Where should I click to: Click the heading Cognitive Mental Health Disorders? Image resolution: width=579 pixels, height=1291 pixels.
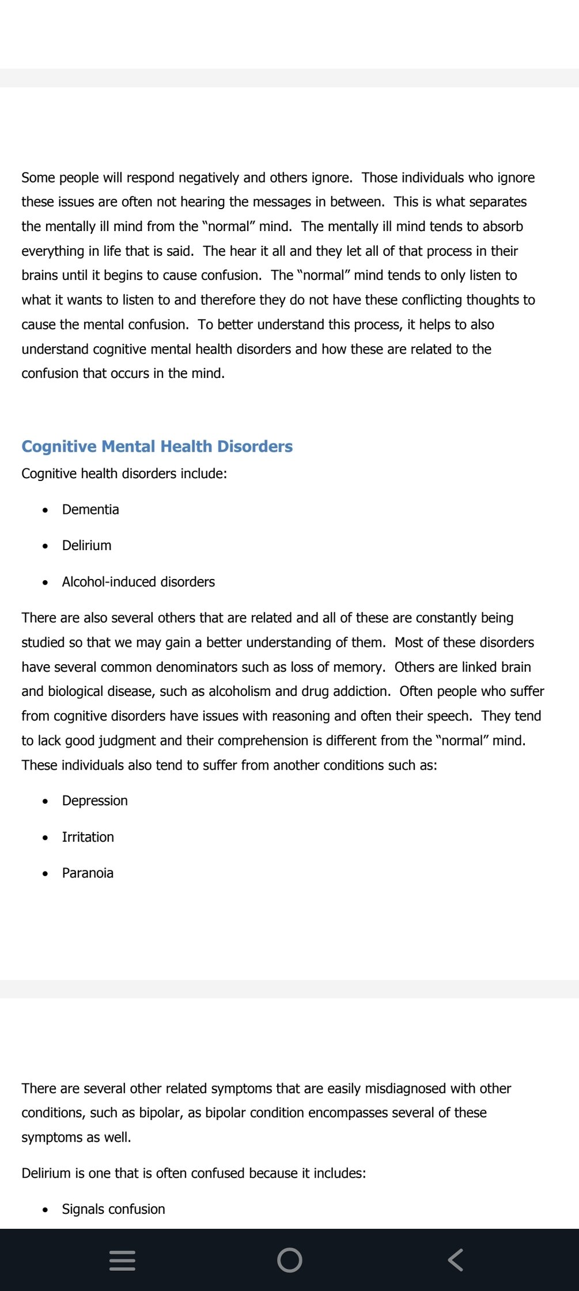click(157, 446)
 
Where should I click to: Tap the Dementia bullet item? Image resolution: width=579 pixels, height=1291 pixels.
click(90, 510)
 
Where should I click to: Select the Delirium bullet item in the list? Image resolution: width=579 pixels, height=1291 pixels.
click(86, 546)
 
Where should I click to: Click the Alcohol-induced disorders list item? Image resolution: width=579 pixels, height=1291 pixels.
click(138, 582)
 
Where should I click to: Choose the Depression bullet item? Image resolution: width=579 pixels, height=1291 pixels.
click(95, 801)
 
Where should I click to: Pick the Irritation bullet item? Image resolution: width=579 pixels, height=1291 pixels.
click(88, 837)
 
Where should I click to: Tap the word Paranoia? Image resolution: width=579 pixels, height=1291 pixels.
click(88, 873)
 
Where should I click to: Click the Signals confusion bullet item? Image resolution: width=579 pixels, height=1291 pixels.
click(113, 1209)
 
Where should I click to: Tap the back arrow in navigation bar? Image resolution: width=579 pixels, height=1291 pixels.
click(455, 1260)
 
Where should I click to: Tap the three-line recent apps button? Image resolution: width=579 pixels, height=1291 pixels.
click(122, 1260)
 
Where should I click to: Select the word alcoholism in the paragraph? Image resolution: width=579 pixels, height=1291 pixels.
click(241, 691)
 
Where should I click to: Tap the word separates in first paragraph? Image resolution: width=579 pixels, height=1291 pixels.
click(495, 202)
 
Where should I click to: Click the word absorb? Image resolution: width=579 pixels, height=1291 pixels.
click(502, 226)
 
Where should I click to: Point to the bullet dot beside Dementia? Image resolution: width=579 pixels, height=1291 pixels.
click(46, 510)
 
